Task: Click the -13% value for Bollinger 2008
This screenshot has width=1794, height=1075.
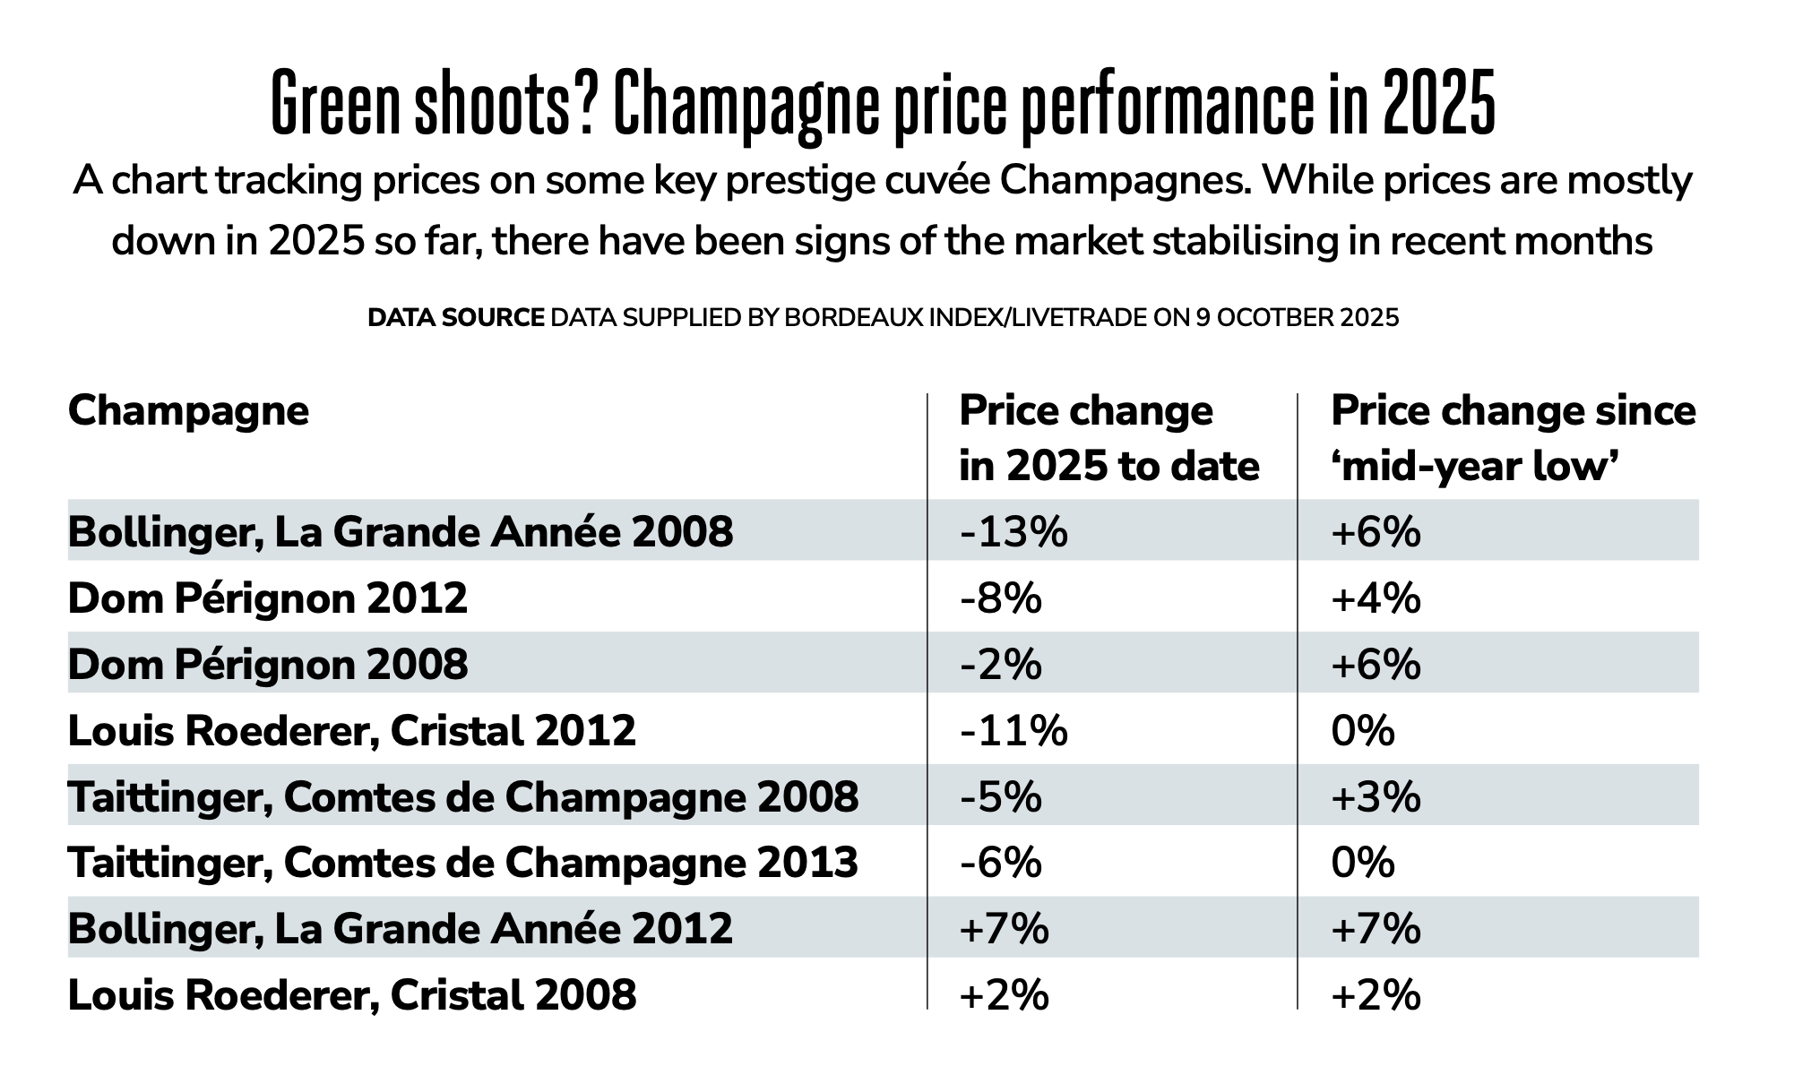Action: (1013, 532)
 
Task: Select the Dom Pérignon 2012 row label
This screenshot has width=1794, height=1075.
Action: (267, 598)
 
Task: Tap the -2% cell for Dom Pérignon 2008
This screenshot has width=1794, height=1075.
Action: (1000, 665)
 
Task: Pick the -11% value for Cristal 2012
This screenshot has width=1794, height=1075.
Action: (1013, 731)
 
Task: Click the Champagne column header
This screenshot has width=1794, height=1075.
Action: (188, 411)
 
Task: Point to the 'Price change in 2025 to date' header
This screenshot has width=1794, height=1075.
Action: (1108, 439)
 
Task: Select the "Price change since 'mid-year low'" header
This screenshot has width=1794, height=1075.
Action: (1513, 439)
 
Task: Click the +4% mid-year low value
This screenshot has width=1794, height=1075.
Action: (1376, 598)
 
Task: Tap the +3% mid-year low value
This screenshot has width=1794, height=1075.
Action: (1376, 797)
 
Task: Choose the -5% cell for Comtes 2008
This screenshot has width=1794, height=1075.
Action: (1000, 797)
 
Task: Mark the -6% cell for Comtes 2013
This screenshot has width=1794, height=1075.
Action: (1000, 864)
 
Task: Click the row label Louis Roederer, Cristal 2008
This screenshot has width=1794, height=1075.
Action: (352, 995)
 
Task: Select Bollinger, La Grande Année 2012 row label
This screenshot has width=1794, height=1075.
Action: (400, 929)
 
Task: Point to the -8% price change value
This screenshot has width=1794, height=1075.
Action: (1000, 598)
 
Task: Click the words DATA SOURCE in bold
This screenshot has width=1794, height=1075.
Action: (455, 318)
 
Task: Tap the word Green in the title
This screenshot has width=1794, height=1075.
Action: (335, 106)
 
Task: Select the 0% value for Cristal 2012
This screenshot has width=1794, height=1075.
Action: (1363, 731)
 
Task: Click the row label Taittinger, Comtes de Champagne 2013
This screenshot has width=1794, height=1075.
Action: (462, 864)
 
